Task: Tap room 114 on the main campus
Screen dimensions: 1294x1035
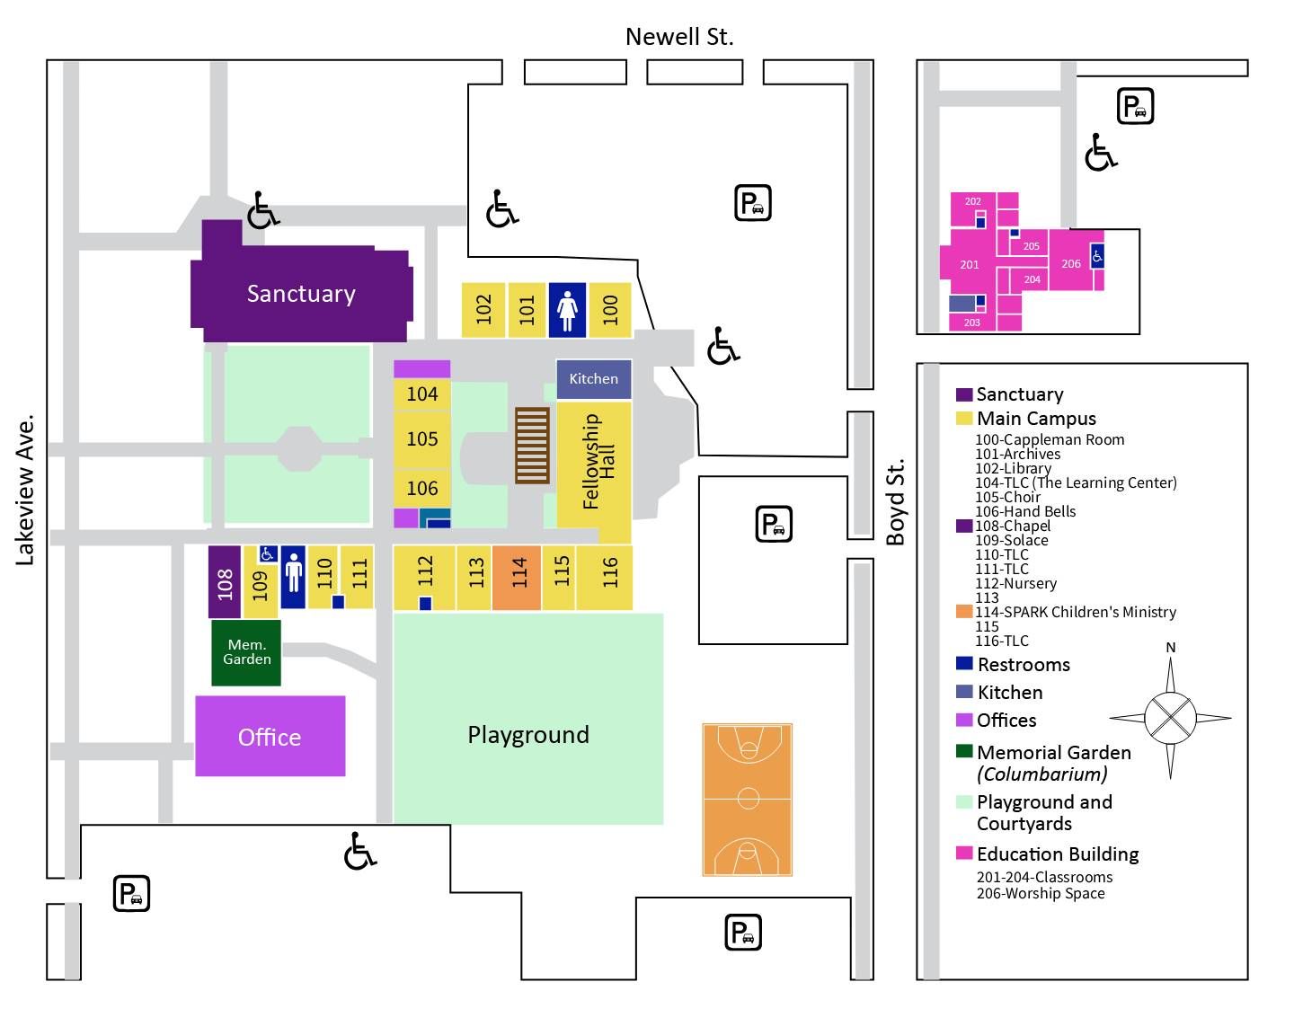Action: (517, 578)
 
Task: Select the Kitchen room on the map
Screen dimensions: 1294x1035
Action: (593, 379)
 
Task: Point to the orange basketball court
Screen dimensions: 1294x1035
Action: (747, 800)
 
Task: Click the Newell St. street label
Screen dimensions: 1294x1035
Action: (679, 37)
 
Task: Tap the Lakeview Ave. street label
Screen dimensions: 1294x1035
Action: (24, 491)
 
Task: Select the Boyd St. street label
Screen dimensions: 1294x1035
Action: (895, 503)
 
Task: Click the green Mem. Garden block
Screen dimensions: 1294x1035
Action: (246, 652)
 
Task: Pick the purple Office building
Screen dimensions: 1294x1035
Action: (270, 736)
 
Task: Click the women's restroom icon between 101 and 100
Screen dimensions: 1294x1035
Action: (567, 310)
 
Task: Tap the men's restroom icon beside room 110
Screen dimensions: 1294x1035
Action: (294, 578)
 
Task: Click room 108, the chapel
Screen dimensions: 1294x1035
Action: (225, 582)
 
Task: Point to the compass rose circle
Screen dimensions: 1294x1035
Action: (1170, 718)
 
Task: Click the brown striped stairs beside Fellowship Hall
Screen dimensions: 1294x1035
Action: (532, 446)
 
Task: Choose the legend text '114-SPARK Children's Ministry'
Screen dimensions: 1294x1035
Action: (1075, 612)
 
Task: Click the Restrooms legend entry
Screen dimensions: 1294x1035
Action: (1014, 665)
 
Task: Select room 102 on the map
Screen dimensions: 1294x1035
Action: (483, 310)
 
